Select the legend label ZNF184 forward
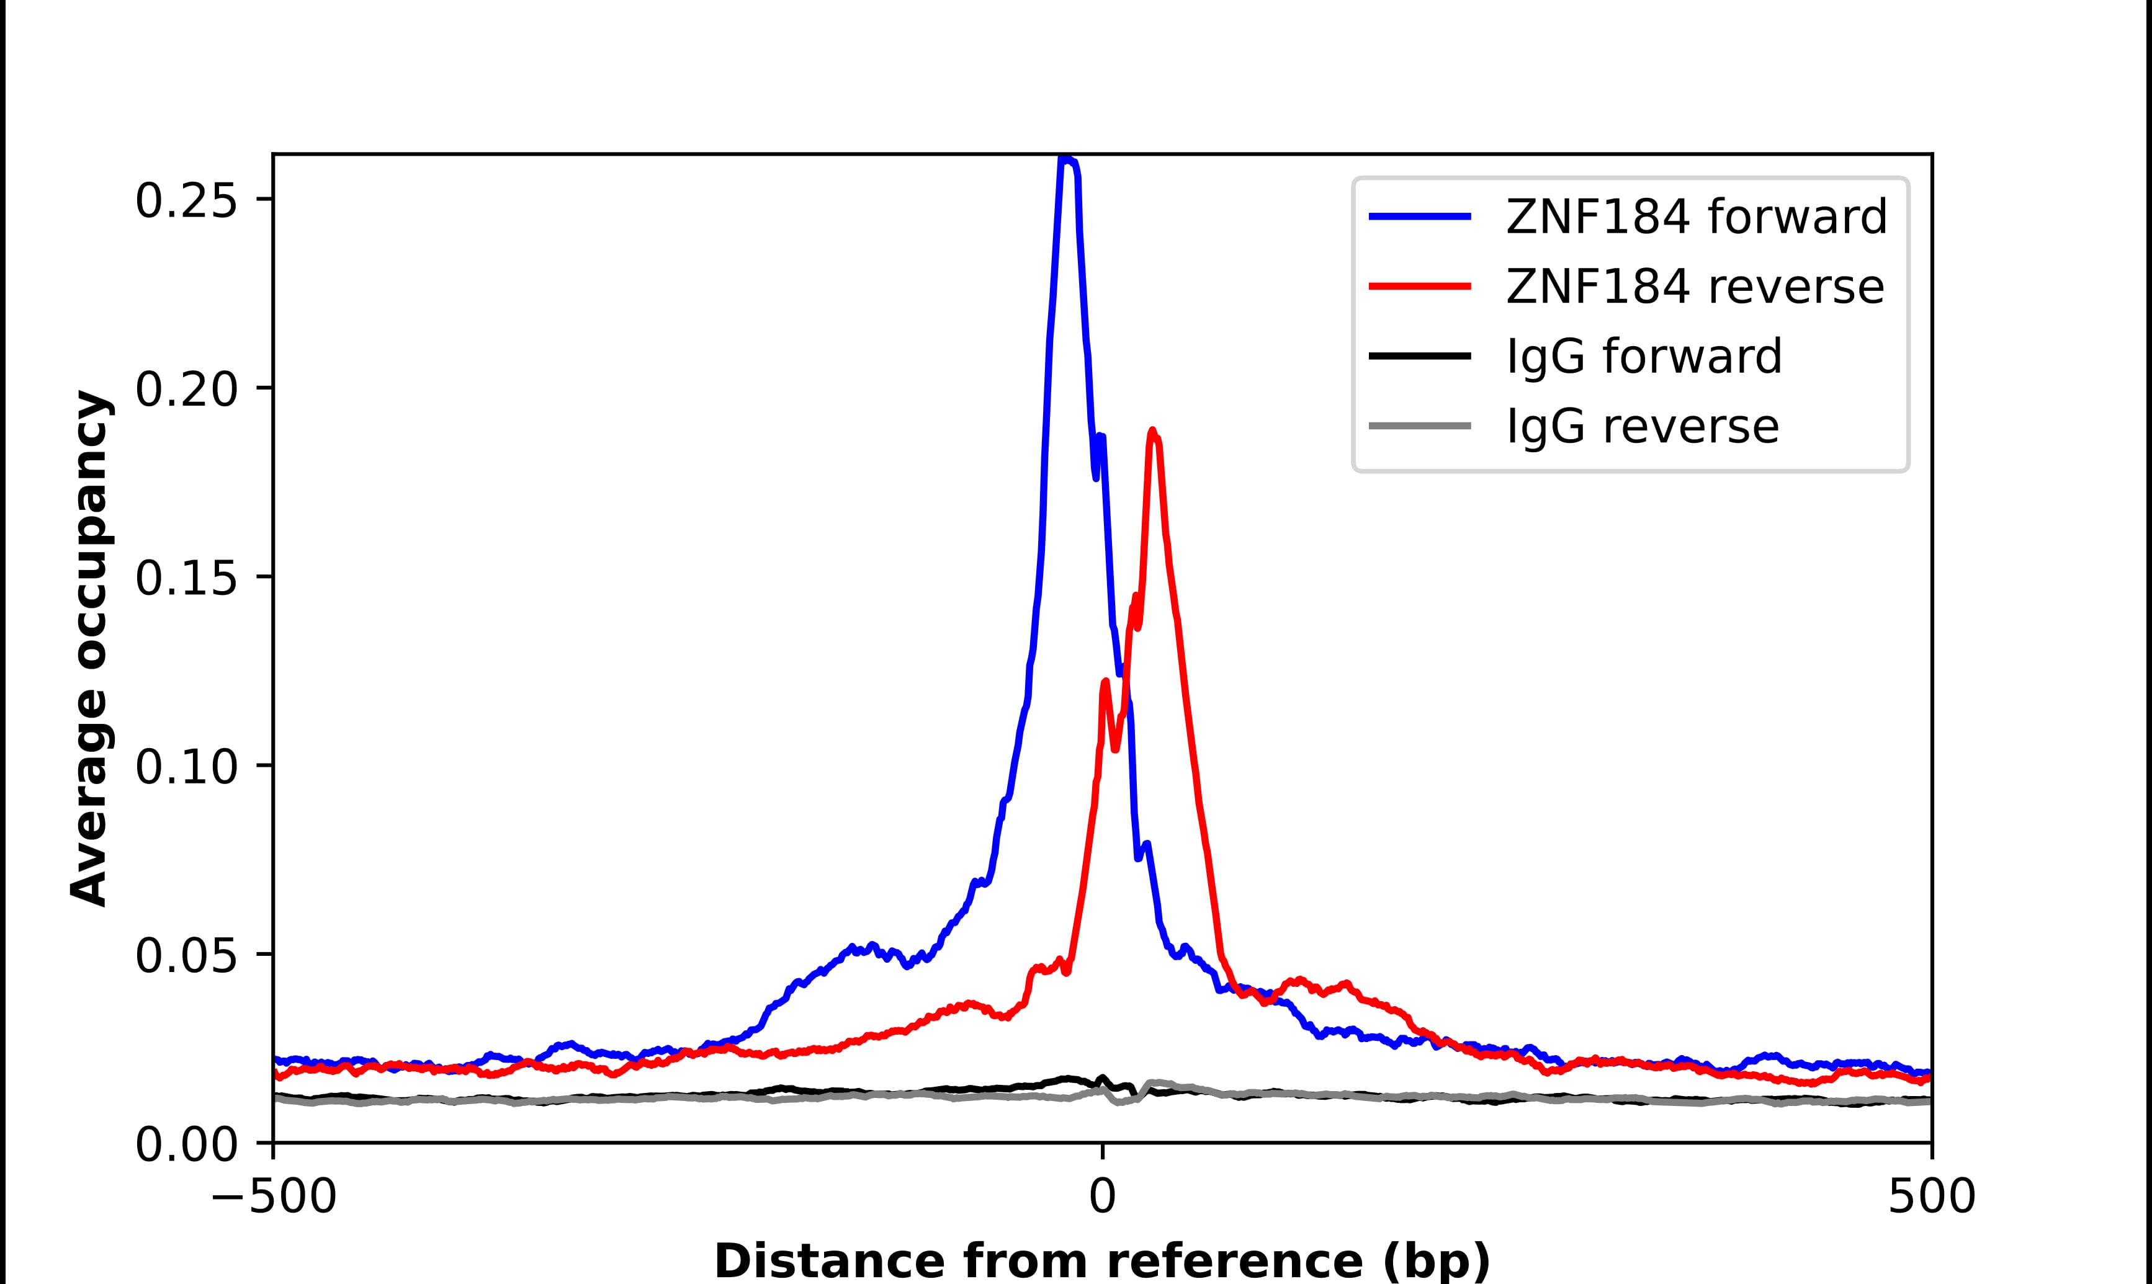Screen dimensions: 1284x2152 [x=1696, y=216]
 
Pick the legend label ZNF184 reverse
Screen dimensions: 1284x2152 [x=1694, y=287]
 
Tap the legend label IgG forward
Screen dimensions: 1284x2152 [x=1644, y=357]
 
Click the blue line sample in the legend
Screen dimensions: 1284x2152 [x=1420, y=216]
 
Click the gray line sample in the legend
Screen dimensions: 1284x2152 [x=1420, y=426]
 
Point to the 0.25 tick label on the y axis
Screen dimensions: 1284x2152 [x=186, y=201]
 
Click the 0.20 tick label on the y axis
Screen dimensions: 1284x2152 [x=186, y=390]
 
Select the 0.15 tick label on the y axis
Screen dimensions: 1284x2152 [x=186, y=578]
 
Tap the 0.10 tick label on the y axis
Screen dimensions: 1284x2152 [x=186, y=767]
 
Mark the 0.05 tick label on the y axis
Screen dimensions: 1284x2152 [x=186, y=956]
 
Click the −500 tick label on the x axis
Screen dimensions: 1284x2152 [x=274, y=1198]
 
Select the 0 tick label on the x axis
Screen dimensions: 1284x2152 [x=1101, y=1198]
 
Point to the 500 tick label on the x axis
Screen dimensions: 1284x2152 [x=1930, y=1198]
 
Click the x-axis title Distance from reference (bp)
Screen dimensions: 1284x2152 [x=1101, y=1260]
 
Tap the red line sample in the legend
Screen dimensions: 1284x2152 [x=1420, y=287]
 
